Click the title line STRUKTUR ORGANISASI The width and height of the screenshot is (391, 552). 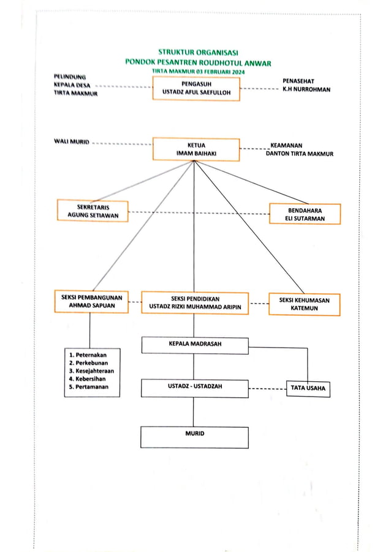coord(198,53)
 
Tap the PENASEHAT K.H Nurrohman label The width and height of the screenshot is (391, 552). coord(306,85)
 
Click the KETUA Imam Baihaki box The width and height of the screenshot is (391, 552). coord(195,149)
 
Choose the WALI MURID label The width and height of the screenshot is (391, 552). coord(72,142)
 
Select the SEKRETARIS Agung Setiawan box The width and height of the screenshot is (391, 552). coord(93,211)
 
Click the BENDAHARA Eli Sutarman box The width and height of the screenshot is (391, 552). coord(305,214)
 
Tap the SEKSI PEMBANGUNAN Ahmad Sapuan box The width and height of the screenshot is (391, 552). coord(91,302)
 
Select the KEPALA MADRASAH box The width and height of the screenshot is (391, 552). coord(195,345)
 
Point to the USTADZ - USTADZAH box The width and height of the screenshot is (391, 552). coord(195,388)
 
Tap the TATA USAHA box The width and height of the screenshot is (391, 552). coord(308,389)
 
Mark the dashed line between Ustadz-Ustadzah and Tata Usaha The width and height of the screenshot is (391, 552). coord(267,389)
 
